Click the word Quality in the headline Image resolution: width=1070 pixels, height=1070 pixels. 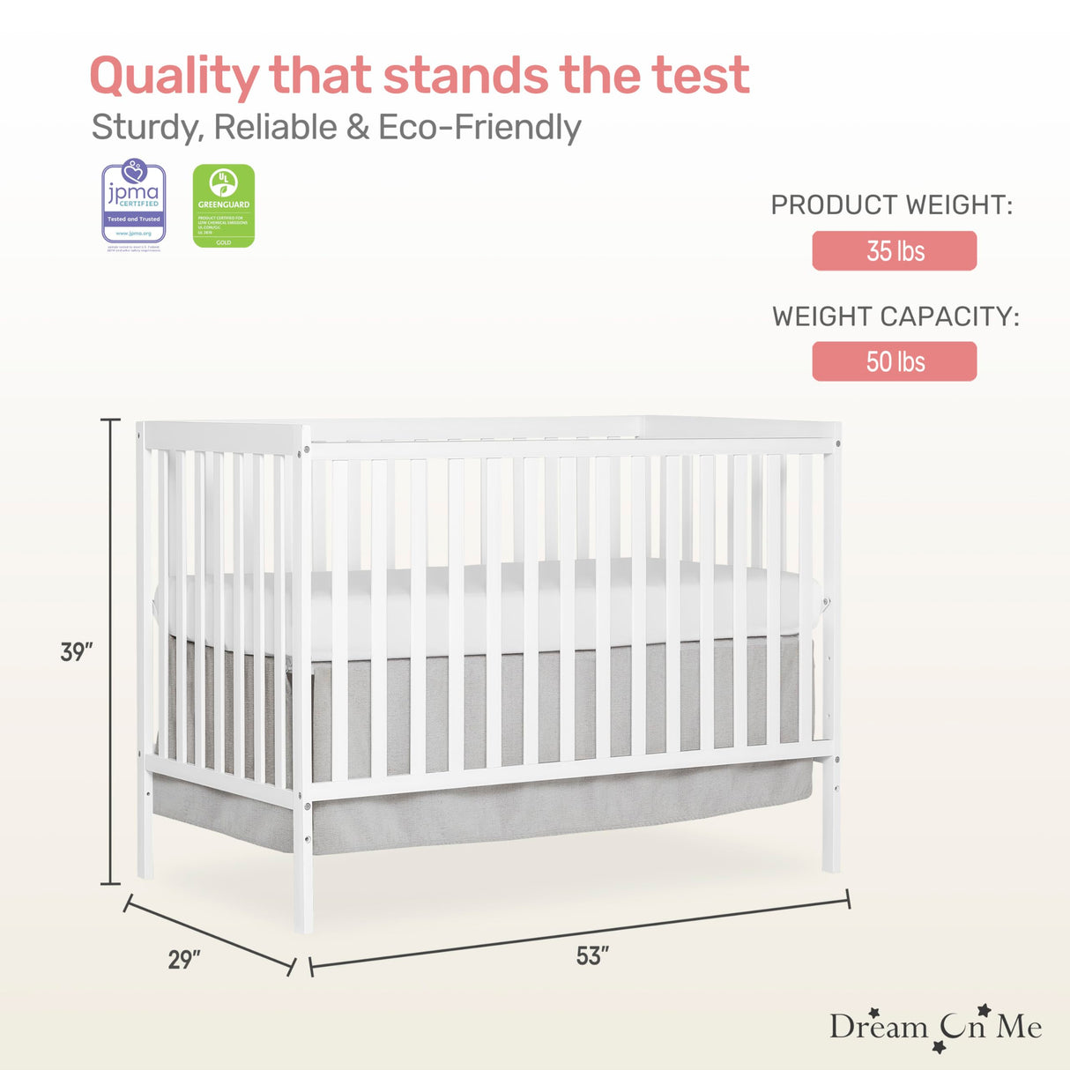pos(174,78)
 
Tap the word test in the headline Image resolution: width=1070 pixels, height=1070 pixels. pos(701,76)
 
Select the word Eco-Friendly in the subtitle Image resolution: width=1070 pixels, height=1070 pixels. pos(479,128)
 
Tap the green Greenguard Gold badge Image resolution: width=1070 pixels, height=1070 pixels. pos(224,205)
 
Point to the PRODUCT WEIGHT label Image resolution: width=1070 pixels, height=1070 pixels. pos(891,205)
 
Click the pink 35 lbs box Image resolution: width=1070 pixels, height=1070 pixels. pos(894,251)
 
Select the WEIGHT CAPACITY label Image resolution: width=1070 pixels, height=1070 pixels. pos(895,317)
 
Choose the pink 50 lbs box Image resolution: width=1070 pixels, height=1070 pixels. pos(894,361)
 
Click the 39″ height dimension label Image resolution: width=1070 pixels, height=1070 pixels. pos(77,653)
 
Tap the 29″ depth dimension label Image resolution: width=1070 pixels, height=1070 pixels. pos(184,960)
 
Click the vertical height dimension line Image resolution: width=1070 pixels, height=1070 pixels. pos(110,652)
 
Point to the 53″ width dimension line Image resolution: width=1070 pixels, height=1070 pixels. pos(579,933)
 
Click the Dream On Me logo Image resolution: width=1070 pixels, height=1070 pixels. pos(934,1028)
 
